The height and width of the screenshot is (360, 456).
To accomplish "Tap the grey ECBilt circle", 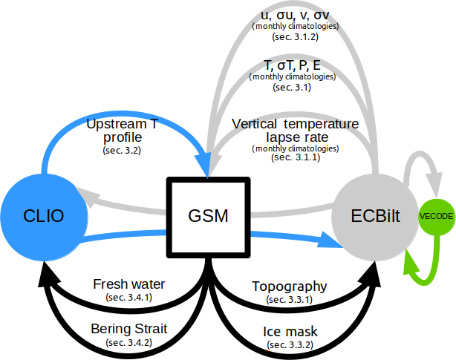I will point(374,216).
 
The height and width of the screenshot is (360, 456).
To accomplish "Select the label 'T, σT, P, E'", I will point(292,65).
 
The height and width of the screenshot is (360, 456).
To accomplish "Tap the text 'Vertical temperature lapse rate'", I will point(295,130).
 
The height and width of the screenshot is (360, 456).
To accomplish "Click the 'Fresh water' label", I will point(129,284).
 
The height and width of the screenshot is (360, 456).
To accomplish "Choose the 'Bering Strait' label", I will point(128,327).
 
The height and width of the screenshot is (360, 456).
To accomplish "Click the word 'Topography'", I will point(289,286).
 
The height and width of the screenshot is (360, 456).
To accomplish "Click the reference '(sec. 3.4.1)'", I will point(129,298).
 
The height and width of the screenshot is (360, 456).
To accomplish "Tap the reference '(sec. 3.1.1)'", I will point(295,158).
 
